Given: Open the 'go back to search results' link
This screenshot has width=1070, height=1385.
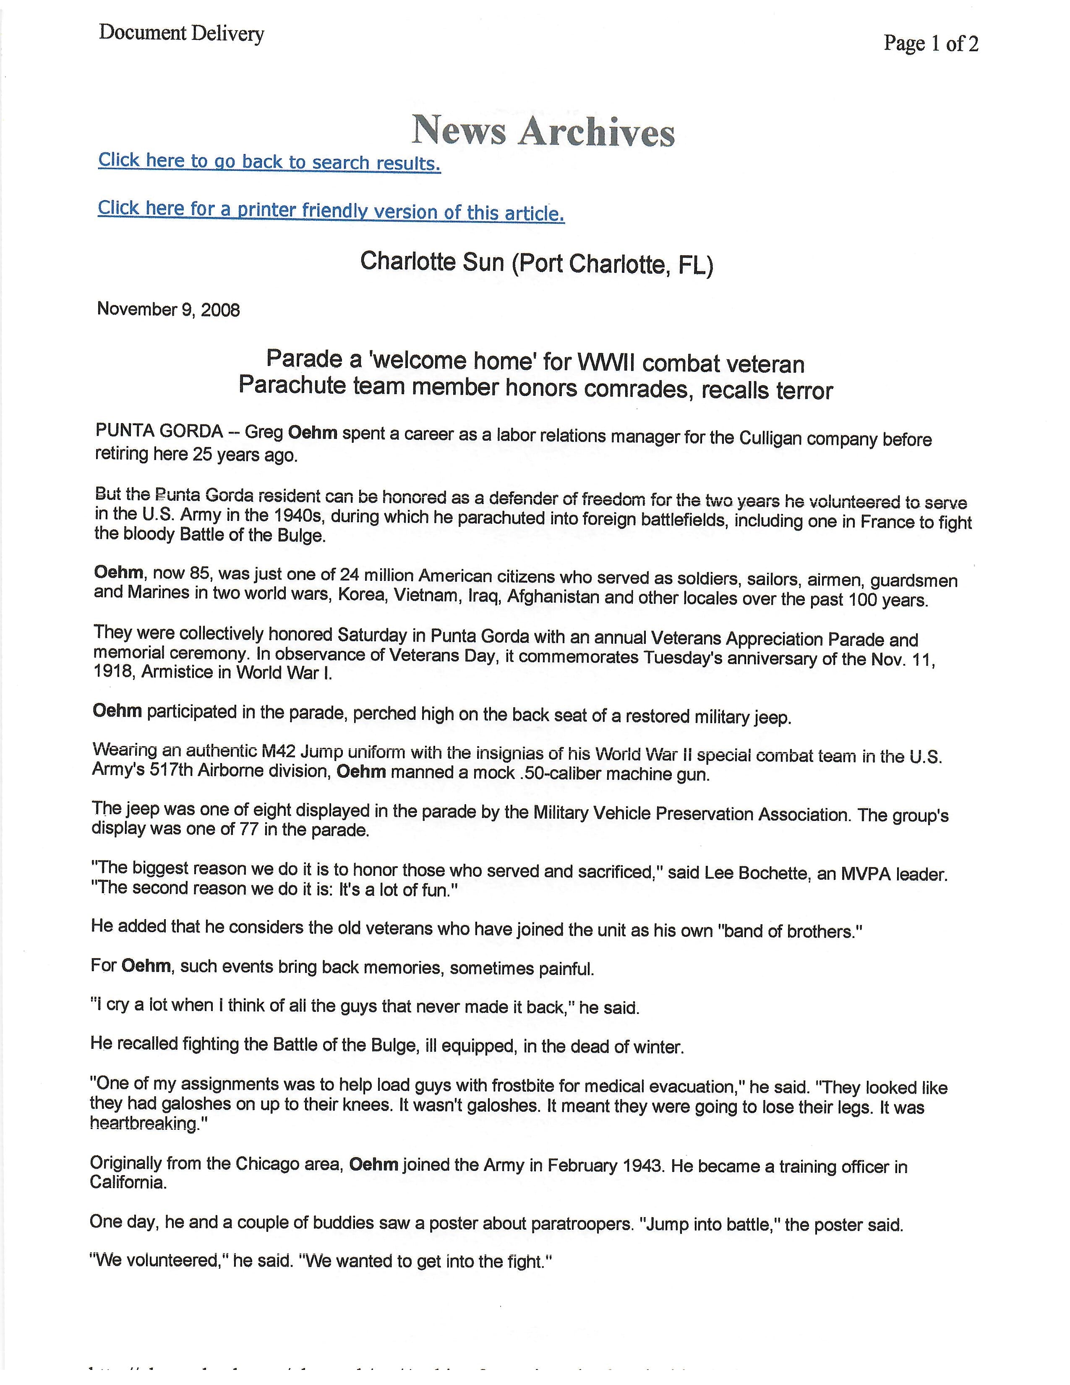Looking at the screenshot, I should pyautogui.click(x=269, y=162).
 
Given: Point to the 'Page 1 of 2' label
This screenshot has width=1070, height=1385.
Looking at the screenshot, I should pyautogui.click(x=931, y=43).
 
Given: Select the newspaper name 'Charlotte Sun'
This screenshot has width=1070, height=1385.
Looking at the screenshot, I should pyautogui.click(x=432, y=261).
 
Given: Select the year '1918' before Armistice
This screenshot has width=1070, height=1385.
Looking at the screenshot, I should pyautogui.click(x=113, y=672).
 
